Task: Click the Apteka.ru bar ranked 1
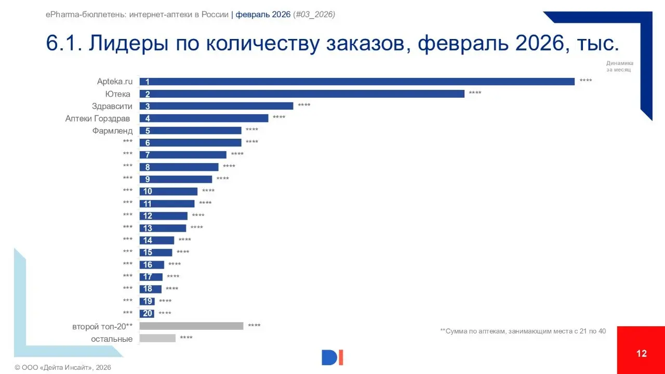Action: click(x=356, y=82)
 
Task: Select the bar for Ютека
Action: click(x=301, y=94)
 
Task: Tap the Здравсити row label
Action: click(x=112, y=106)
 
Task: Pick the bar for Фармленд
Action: click(x=190, y=130)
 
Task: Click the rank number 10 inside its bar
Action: click(x=148, y=191)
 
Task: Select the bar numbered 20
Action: click(x=147, y=313)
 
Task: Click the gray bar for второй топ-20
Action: click(x=191, y=326)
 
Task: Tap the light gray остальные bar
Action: click(x=157, y=338)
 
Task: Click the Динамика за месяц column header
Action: click(x=619, y=66)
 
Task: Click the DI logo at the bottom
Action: click(x=332, y=357)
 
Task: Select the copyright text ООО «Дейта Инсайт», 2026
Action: click(x=63, y=368)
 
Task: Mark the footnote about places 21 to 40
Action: click(x=523, y=330)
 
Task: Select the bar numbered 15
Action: click(x=156, y=252)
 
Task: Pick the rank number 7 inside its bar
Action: click(x=148, y=155)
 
